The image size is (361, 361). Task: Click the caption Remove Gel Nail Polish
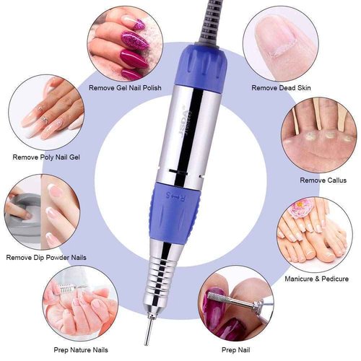(125, 88)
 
